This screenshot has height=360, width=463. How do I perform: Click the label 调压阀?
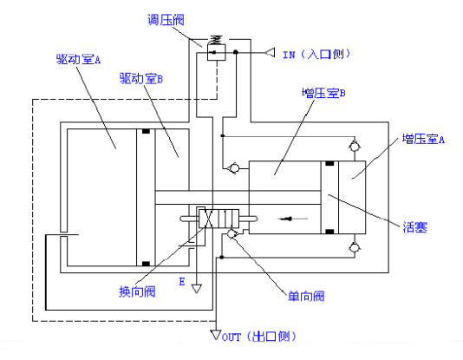coord(166,20)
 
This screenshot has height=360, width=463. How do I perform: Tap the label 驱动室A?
coord(78,59)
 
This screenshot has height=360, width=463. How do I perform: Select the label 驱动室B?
coord(141,79)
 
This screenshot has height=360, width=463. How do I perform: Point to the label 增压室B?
coord(323,93)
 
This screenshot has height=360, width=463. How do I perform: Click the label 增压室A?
coord(423,139)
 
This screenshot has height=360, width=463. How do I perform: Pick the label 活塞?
coord(414,227)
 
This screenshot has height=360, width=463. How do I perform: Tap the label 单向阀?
coord(306,296)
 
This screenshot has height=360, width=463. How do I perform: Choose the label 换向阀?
coord(137,291)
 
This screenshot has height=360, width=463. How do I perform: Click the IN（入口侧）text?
coord(316,55)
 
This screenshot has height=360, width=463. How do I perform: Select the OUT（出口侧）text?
coord(259,337)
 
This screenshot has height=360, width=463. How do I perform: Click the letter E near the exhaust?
coord(182,281)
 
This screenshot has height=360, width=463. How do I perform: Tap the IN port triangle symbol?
coord(270,53)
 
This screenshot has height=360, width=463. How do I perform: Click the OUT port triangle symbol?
coord(216,335)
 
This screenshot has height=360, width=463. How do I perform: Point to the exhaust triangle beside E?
coord(197,288)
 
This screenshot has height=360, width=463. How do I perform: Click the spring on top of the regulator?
coord(216,40)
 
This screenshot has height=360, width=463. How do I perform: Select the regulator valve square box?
coord(217,53)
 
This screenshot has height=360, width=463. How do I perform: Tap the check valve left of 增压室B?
coord(234,168)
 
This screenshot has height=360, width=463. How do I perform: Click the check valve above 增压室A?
coord(354,147)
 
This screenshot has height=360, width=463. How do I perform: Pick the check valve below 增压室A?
coord(354,246)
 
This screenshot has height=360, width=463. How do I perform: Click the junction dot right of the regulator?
coord(236,52)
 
